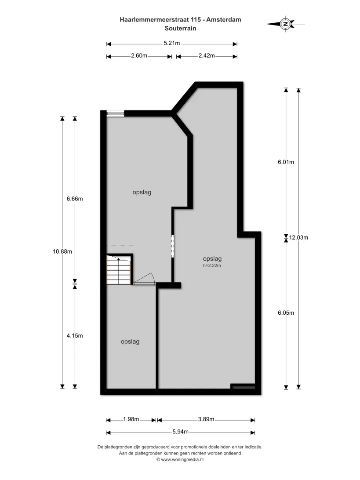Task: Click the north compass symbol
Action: point(285,24)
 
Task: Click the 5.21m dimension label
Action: point(172,43)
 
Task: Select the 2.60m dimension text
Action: point(139,56)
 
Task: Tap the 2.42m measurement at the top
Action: point(207,56)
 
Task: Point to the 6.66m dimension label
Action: point(75,199)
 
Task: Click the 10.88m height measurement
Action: point(62,251)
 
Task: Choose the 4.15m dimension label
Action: point(75,335)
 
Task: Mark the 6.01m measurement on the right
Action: point(286,162)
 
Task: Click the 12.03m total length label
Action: point(298,237)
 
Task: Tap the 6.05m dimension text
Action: point(286,313)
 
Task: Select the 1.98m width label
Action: point(131,419)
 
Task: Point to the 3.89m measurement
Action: point(206,419)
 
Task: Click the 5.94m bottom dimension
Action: point(180,432)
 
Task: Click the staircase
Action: point(119,270)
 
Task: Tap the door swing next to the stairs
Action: point(145,279)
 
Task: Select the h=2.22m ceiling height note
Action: point(212,265)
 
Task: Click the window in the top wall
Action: point(116,113)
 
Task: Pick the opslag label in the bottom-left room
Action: point(130,342)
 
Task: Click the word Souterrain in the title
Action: point(180,29)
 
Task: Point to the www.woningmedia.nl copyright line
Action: point(180,459)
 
